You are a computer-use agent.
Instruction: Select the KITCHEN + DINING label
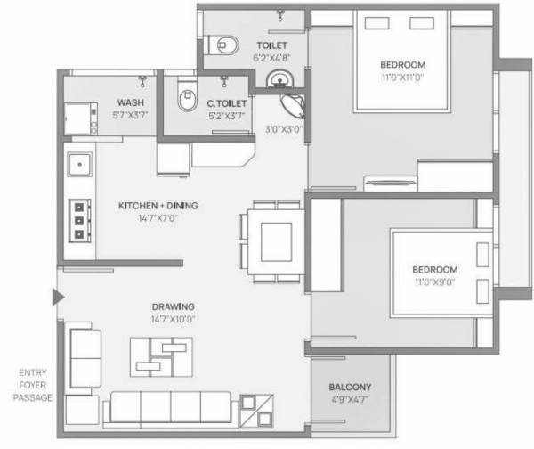point(158,206)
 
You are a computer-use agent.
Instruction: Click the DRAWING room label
point(174,306)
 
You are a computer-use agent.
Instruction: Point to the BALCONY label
point(350,388)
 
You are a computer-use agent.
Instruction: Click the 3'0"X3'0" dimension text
point(284,128)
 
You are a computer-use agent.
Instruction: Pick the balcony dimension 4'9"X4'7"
point(350,400)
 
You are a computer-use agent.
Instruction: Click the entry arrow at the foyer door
point(58,298)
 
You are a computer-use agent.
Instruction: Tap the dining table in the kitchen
point(275,238)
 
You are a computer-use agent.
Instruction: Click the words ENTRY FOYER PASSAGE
point(33,384)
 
